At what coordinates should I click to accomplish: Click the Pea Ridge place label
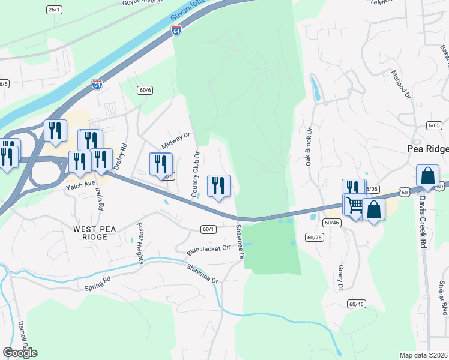point(427,149)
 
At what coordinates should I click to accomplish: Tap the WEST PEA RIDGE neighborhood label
point(91,233)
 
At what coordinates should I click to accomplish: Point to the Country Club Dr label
point(195,175)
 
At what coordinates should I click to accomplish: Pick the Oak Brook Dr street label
point(309,146)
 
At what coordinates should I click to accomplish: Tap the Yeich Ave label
point(81,185)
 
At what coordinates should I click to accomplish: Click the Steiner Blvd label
point(444,300)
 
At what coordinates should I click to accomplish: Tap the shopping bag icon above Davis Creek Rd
point(427,177)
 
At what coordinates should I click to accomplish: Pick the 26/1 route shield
point(54,10)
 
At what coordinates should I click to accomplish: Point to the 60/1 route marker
point(208,229)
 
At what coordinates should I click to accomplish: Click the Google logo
point(20,353)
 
